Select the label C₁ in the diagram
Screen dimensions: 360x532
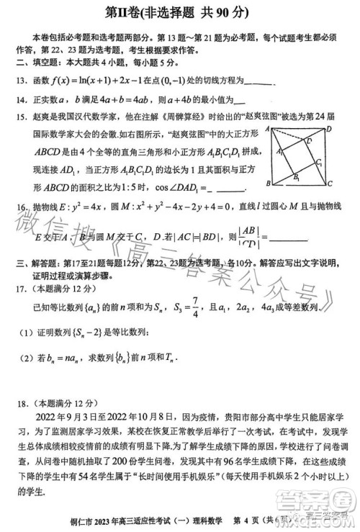(318, 164)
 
